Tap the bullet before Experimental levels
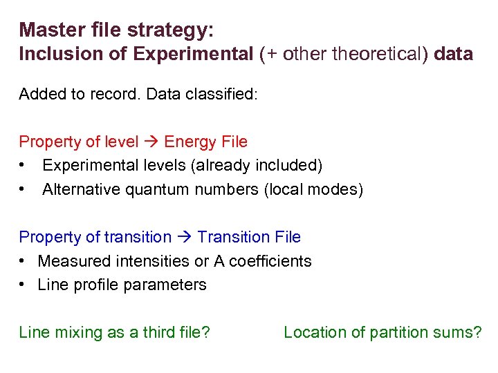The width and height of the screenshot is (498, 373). [24, 166]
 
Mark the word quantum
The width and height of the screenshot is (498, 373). [156, 190]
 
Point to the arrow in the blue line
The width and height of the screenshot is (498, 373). [184, 238]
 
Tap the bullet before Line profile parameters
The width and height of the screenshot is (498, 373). [24, 285]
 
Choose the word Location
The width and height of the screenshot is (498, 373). [313, 332]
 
